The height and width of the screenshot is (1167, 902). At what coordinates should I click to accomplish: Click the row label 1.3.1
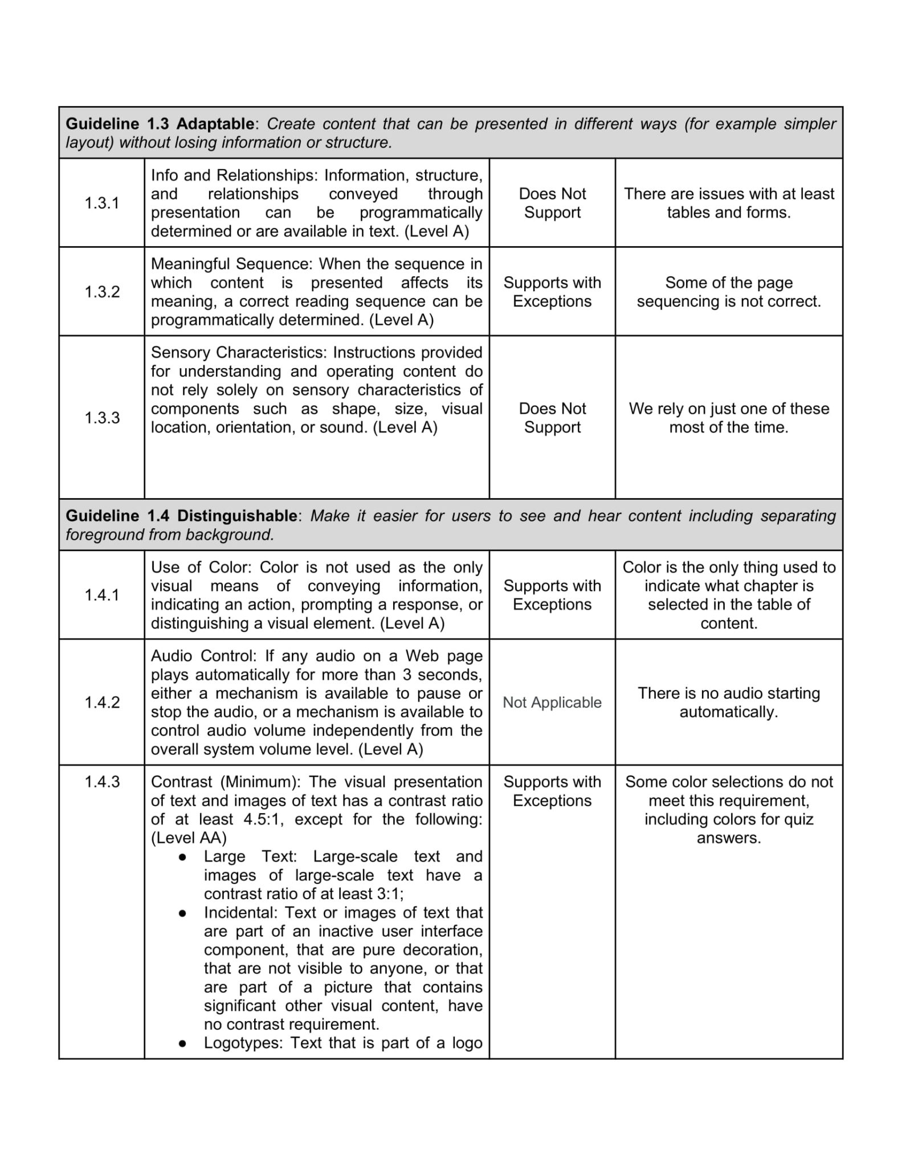pos(102,203)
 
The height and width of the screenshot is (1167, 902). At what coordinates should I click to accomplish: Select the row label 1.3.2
pos(102,292)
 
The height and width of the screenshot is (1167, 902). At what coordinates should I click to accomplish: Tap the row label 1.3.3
pos(102,418)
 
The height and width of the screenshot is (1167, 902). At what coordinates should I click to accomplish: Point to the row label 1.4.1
pos(102,595)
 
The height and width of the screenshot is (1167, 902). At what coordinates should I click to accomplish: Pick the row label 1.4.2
pos(102,702)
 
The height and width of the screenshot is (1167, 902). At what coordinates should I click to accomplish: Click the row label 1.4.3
pos(102,782)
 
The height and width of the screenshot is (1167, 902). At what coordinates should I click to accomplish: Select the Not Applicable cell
pos(552,702)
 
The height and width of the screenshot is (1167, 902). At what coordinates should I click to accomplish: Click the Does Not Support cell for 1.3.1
pos(552,203)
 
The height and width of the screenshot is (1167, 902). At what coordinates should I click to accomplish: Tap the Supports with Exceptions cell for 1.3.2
pos(552,292)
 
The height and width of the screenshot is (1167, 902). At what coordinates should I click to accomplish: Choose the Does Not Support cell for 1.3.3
pos(552,418)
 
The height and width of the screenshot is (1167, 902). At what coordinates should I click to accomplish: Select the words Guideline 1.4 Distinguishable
pos(181,516)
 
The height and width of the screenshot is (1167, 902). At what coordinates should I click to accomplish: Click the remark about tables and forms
pos(728,203)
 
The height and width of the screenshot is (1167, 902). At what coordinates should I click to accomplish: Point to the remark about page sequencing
pos(728,292)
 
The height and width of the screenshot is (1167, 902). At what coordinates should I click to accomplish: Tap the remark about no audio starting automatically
pos(728,702)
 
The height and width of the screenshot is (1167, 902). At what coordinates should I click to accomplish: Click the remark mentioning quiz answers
pos(728,810)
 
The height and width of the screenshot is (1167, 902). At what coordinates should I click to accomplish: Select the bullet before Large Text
pos(182,856)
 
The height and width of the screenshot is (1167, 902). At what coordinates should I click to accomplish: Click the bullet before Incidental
pos(182,912)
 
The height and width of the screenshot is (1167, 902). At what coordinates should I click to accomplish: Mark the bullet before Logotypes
pos(182,1043)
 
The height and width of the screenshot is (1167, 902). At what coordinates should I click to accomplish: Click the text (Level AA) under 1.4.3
pos(189,838)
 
